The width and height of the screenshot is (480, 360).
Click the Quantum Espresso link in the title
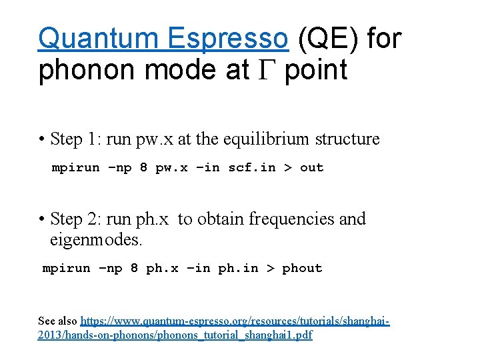(163, 39)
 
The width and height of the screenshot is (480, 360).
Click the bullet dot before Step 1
(42, 139)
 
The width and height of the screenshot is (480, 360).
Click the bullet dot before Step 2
(42, 219)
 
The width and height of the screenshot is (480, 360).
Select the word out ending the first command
(311, 167)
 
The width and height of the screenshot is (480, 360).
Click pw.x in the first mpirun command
(171, 167)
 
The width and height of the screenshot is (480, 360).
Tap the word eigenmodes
(93, 239)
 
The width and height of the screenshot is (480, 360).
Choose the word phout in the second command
(302, 268)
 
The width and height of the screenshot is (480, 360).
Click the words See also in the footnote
(58, 321)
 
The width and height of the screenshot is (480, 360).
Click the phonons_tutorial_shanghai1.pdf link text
(234, 335)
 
